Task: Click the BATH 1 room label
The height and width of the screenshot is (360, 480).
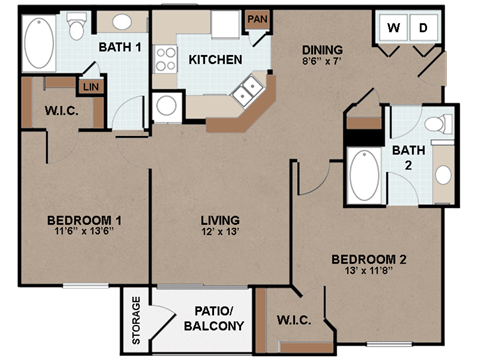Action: [119, 48]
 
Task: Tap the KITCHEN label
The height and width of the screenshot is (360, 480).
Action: [215, 60]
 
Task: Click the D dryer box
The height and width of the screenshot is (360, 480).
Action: [422, 28]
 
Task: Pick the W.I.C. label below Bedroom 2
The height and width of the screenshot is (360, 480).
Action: [293, 322]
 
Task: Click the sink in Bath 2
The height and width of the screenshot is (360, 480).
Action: [443, 175]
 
